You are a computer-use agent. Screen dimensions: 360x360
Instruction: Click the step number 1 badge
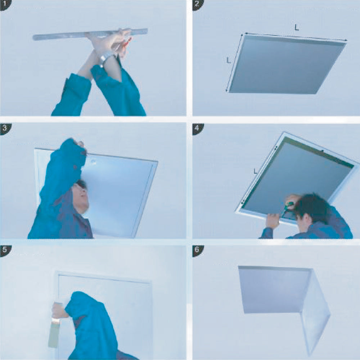tap(5, 5)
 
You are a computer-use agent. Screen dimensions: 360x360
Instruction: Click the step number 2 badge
tap(197, 5)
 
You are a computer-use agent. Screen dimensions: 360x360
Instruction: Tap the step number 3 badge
tap(5, 128)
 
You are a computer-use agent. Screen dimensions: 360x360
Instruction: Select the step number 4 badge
tap(197, 128)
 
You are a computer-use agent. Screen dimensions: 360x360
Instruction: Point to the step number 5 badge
tap(5, 250)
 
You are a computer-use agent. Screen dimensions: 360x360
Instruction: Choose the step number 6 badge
tap(197, 250)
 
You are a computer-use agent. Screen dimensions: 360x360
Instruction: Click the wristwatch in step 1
tap(106, 57)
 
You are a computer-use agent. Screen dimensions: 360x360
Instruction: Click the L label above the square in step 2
tap(297, 28)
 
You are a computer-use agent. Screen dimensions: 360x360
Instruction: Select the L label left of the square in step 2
tap(229, 60)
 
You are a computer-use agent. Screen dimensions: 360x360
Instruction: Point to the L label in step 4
tap(256, 171)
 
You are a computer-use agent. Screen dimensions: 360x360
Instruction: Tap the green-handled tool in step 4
tap(287, 208)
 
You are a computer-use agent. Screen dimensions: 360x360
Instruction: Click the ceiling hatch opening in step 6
tap(274, 290)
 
